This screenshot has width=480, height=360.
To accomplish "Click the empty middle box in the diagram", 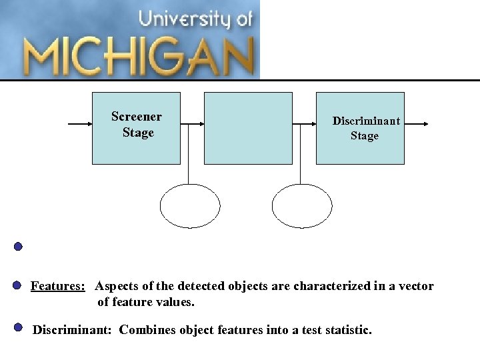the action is (x=248, y=128).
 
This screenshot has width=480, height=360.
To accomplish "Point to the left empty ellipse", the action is (x=190, y=206).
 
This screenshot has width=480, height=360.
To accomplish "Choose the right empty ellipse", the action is (x=302, y=206).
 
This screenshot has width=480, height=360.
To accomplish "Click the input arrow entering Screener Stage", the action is (x=80, y=123).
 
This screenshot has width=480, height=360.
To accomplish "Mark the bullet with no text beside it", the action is (x=18, y=246).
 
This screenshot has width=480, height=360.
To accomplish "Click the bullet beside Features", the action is (x=18, y=286).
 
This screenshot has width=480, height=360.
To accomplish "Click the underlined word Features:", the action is (x=58, y=286).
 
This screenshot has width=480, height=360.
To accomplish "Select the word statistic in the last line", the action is (x=344, y=329).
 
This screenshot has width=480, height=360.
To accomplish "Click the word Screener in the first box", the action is (x=137, y=117).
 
